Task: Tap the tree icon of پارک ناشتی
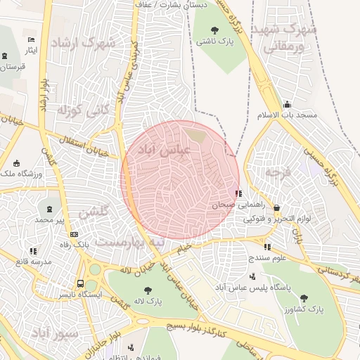[214, 30]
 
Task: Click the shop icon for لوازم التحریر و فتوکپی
[276, 208]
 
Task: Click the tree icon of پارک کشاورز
[303, 297]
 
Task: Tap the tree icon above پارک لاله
[147, 290]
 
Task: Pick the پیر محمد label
[50, 220]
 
